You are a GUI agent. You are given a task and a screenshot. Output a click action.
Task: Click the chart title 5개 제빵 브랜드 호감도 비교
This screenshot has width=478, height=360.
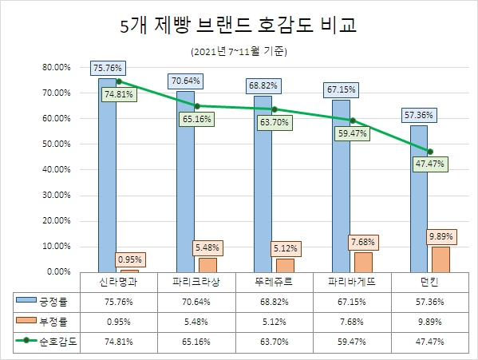point(239,26)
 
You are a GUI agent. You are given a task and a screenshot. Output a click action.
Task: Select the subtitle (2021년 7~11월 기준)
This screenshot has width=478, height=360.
point(239,52)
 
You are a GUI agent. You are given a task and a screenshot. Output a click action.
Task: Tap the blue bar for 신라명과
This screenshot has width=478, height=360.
point(107,176)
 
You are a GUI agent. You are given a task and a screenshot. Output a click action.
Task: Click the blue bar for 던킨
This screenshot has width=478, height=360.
point(418,200)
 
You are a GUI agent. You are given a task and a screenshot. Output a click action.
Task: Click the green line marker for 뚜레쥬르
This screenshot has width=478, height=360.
point(275,109)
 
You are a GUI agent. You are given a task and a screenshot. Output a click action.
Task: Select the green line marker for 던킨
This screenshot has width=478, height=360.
point(431,151)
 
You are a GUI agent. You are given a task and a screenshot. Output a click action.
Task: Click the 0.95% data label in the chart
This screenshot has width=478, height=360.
point(131,259)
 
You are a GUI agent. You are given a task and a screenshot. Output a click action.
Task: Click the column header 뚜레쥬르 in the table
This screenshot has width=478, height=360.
point(275,283)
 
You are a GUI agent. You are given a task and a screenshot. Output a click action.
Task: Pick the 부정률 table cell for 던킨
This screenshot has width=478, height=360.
point(431,322)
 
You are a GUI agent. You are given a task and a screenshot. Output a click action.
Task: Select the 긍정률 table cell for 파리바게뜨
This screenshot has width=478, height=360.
point(353,302)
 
